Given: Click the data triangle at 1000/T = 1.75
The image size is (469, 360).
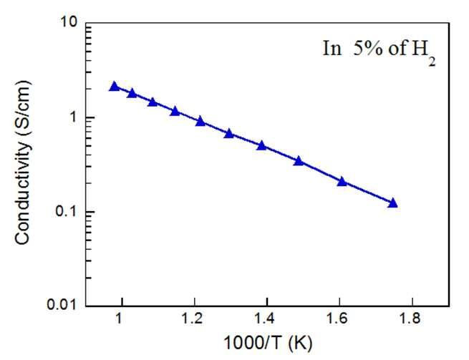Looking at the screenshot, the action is coord(392,203).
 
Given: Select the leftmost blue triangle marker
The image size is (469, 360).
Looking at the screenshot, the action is coord(115,87).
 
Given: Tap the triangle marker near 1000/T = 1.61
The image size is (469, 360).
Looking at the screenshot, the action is coord(342,182).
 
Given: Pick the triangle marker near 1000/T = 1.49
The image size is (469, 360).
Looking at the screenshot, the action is coord(298,162).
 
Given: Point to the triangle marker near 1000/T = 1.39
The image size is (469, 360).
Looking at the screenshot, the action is coord(262,146).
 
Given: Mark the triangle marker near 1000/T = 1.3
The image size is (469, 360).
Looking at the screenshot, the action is coord(229,133).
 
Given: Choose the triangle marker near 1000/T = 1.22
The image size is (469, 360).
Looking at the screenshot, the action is coord(200,122).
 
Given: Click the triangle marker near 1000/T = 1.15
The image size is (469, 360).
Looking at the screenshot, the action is coord(175,112).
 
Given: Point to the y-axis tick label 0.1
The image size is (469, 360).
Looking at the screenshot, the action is coord(66,211).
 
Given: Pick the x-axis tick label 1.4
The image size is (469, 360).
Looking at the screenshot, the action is coord(266,319).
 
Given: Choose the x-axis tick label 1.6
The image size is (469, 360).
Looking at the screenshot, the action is coord(338,319).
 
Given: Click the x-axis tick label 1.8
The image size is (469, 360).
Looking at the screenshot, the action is coord(410,319).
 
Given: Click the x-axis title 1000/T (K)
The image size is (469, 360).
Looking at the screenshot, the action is coord(268,344).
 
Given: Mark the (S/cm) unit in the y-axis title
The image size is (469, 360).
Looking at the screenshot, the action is coord(23,109).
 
